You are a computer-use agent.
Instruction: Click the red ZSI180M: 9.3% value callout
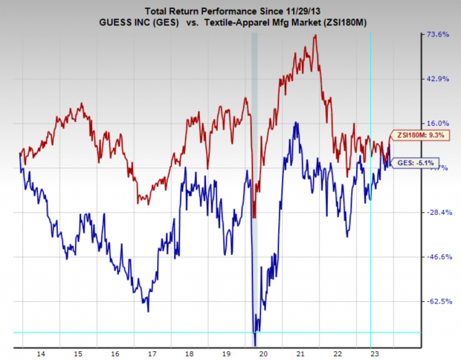pos(411,135)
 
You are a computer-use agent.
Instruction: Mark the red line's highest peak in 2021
pos(316,36)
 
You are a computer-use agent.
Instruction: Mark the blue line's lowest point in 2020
pos(255,344)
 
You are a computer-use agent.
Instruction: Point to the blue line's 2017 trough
pos(149,311)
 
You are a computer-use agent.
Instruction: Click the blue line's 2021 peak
pos(297,123)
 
